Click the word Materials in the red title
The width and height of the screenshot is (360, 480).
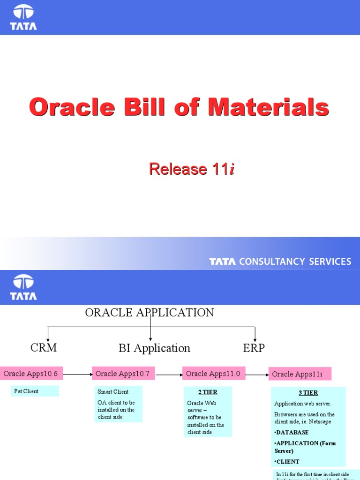click(x=269, y=107)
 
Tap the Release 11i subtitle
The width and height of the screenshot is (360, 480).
click(x=191, y=169)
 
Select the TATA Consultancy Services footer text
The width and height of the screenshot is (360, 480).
click(x=280, y=262)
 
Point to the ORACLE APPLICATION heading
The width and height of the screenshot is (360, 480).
click(x=150, y=313)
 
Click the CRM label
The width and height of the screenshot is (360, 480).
click(x=44, y=347)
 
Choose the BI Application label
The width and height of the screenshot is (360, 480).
click(x=154, y=348)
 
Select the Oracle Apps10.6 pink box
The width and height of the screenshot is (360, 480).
click(x=31, y=374)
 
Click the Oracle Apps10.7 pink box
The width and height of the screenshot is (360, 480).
click(x=123, y=374)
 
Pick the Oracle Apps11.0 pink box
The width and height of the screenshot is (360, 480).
click(x=213, y=374)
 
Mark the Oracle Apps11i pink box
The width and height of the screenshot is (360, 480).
click(x=300, y=374)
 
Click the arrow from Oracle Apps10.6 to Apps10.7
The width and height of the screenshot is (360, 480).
click(x=77, y=374)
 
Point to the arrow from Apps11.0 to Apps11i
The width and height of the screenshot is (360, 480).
click(x=257, y=375)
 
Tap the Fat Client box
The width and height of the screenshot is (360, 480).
click(x=35, y=391)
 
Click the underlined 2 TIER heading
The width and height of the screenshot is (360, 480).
click(x=208, y=392)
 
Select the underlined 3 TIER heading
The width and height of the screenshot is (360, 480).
click(x=308, y=393)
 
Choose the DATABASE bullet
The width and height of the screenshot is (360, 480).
click(x=292, y=432)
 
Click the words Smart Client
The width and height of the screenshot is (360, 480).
click(x=113, y=391)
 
